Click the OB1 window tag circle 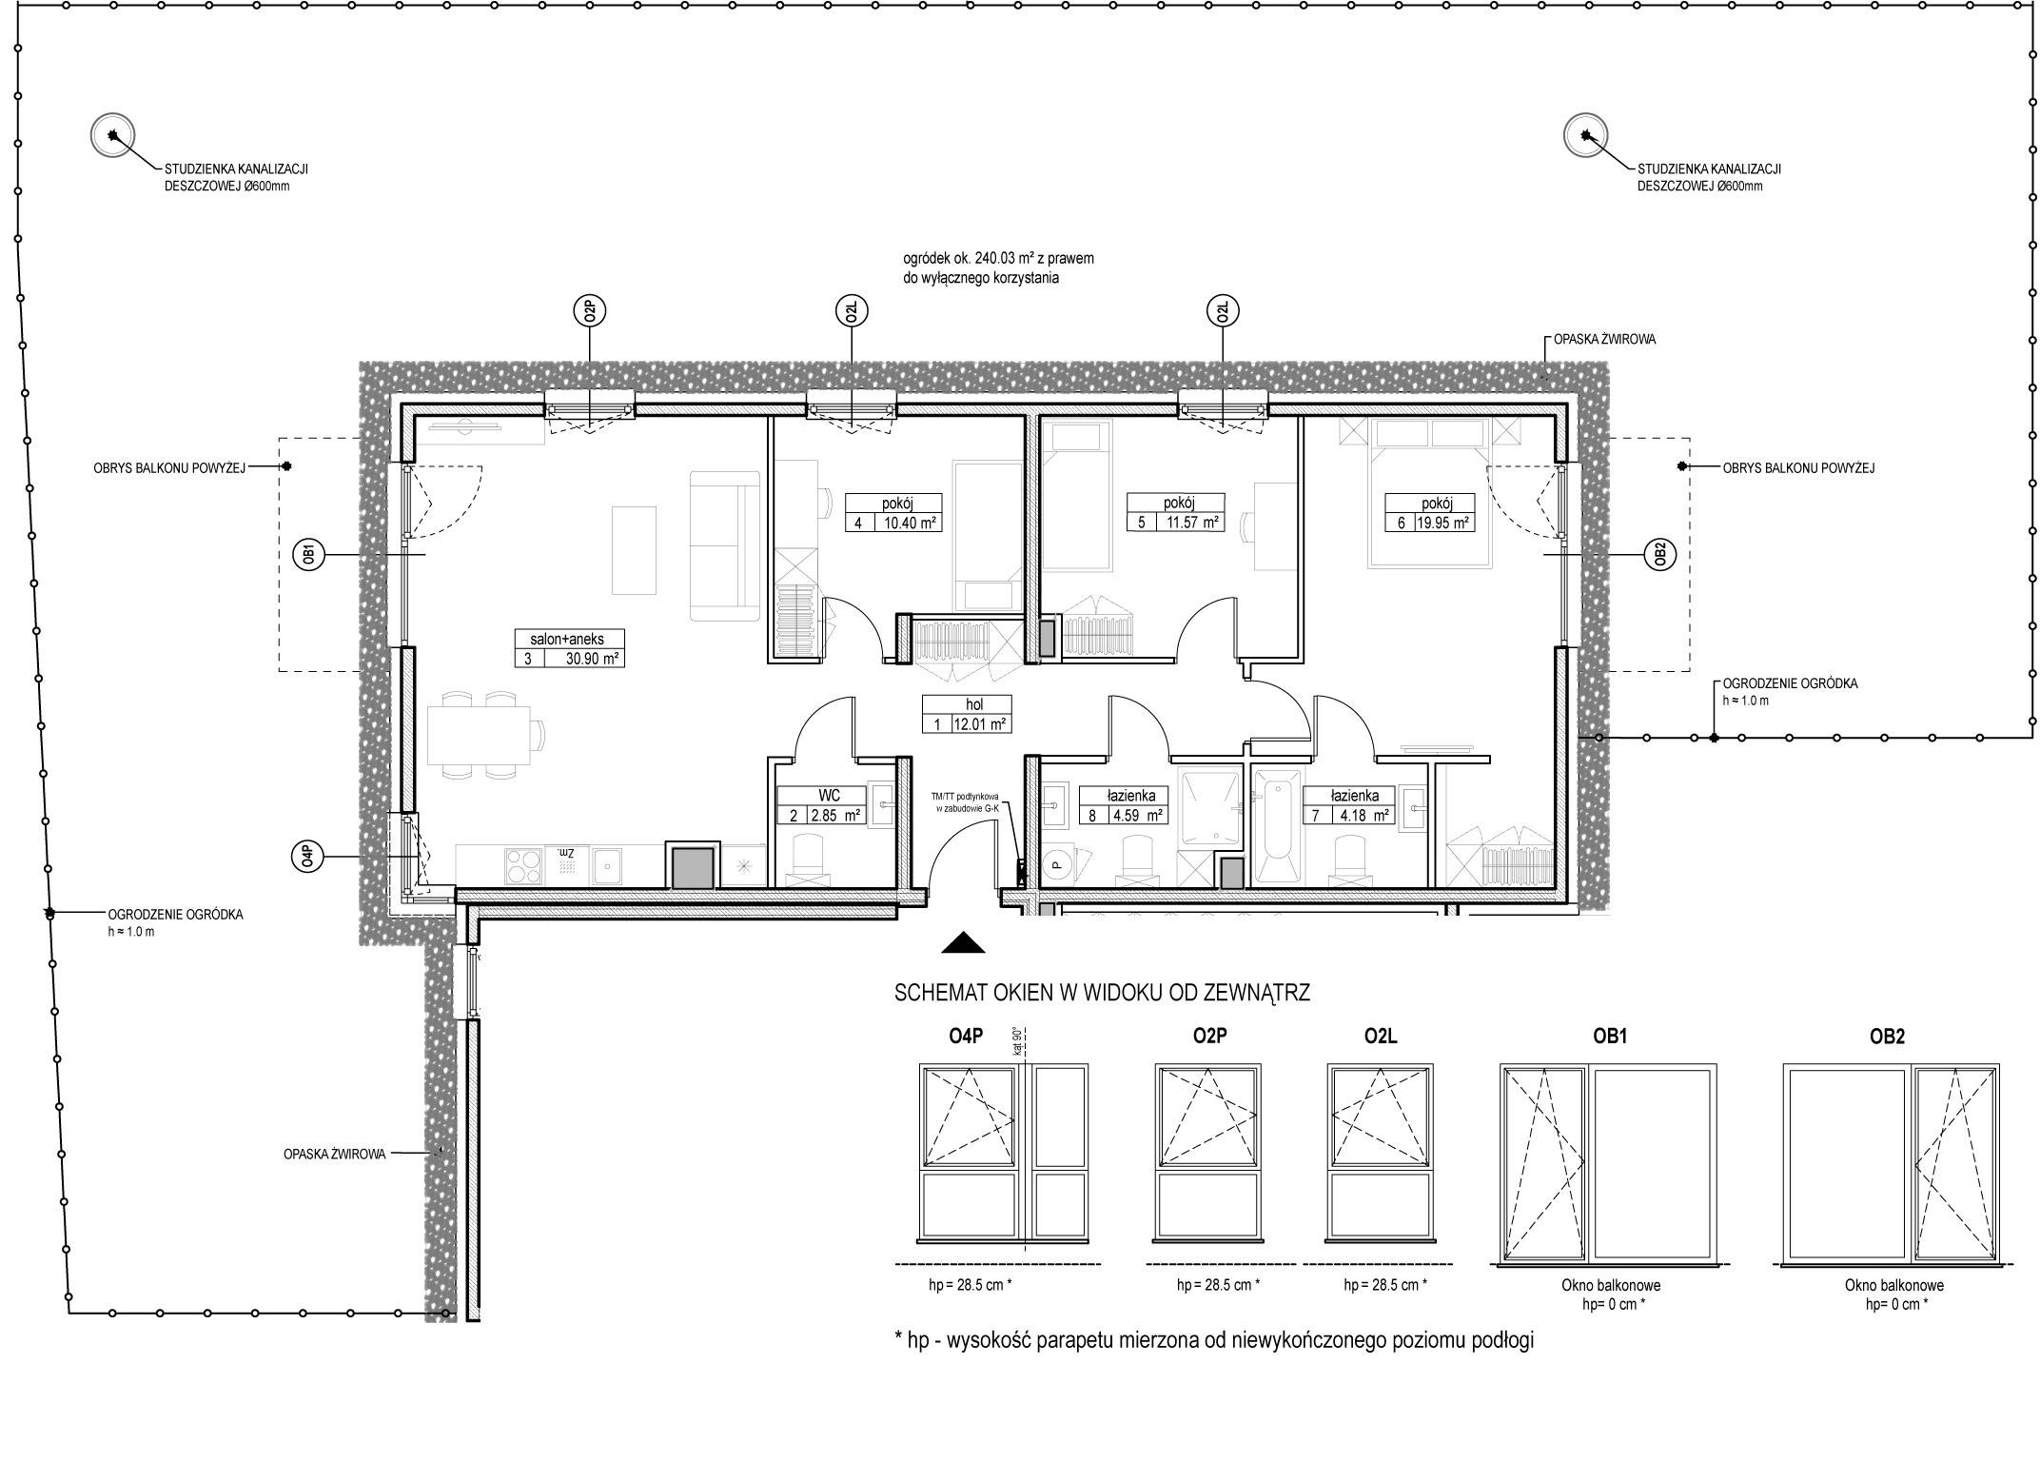[x=309, y=554]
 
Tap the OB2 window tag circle [x=1659, y=554]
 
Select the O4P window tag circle [x=305, y=858]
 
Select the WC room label [x=828, y=796]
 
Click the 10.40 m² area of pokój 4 [x=909, y=522]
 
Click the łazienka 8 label [x=1130, y=796]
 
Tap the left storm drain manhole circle [x=112, y=135]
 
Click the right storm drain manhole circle [x=1586, y=135]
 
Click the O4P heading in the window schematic [x=967, y=1037]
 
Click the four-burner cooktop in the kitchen [x=520, y=866]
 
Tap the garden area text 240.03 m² [x=997, y=258]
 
